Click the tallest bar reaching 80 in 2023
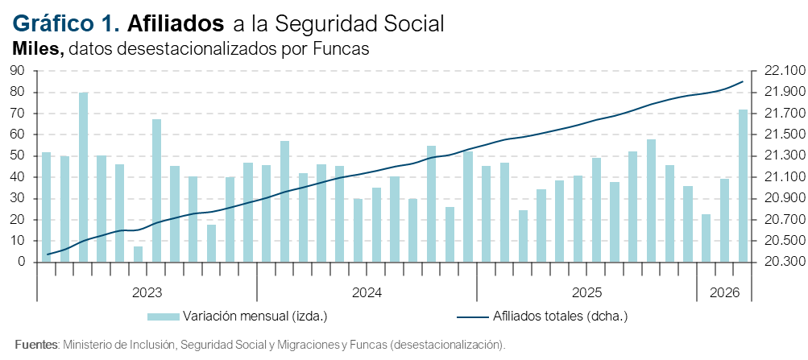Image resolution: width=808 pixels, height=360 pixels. point(83,177)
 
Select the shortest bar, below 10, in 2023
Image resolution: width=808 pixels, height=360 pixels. point(139,254)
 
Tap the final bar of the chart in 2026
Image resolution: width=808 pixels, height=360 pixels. point(743,186)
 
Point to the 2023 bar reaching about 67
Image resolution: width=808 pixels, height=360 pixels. point(156,191)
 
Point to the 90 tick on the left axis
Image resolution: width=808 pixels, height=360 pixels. point(18,71)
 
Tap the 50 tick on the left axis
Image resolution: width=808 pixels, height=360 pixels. point(18,155)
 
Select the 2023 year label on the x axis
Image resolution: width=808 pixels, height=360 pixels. point(146,291)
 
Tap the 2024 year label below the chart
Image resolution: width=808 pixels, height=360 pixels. point(367,291)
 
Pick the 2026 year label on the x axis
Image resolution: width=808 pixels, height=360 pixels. point(724,291)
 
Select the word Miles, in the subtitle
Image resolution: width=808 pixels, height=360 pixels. point(38,49)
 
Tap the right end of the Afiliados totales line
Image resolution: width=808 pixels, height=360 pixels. point(743,81)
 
